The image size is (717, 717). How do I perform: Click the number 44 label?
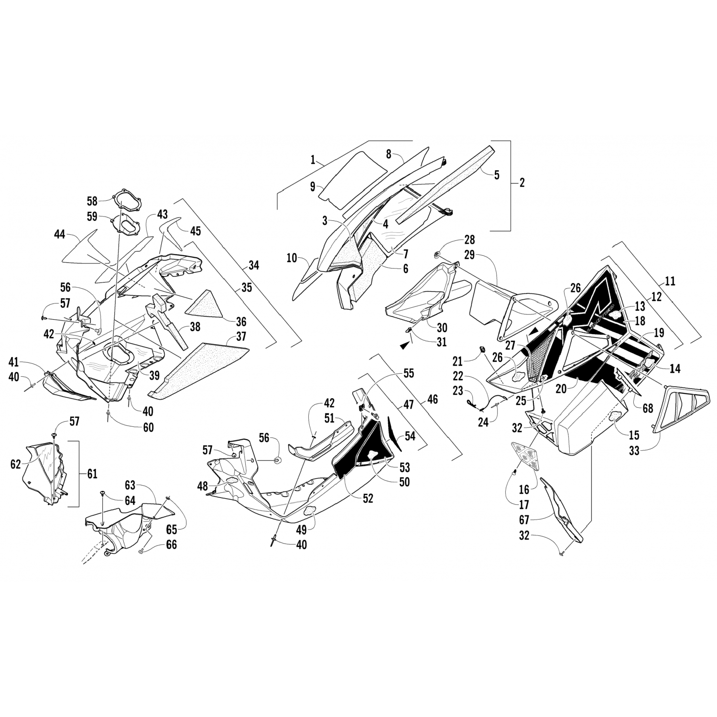(x=59, y=234)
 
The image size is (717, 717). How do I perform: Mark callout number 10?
(x=292, y=259)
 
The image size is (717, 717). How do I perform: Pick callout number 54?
(x=410, y=435)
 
